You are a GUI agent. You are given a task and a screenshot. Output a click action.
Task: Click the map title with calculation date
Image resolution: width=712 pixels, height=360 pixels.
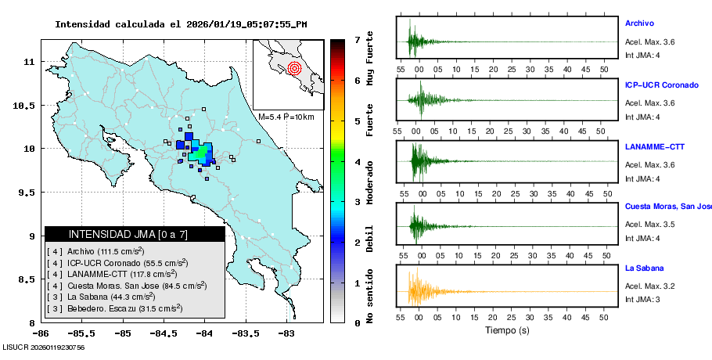coord(181,24)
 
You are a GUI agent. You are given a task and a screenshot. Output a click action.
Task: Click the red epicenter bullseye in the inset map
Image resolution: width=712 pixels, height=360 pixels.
coord(294,67)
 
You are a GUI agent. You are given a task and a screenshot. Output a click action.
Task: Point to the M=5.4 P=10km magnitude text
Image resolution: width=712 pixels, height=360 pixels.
coord(286,117)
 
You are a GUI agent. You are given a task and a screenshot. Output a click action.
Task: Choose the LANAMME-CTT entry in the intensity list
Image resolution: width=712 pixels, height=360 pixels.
coord(112,274)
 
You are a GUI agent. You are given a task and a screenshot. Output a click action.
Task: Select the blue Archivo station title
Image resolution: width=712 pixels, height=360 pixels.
coord(639,23)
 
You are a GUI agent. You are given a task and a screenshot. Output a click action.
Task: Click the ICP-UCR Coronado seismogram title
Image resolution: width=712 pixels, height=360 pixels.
coord(661,85)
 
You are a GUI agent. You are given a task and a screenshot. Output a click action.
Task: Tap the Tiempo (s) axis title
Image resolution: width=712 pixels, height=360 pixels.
coord(507,330)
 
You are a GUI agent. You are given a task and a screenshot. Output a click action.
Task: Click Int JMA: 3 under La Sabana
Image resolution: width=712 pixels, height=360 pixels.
coord(642,300)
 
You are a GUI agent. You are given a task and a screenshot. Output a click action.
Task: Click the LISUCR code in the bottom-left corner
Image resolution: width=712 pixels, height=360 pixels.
coord(43,347)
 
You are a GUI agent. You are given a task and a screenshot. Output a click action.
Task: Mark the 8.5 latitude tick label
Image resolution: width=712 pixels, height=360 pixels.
coord(28,279)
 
